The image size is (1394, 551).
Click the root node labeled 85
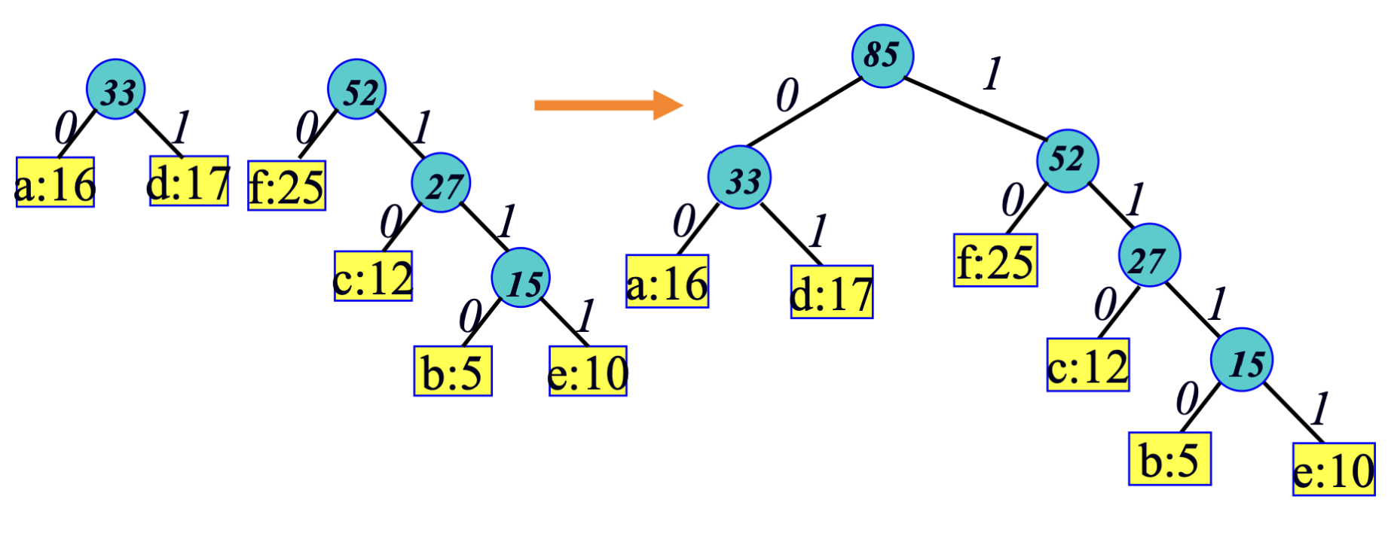point(882,56)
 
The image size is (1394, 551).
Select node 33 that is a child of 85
point(739,178)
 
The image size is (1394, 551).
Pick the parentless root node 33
point(115,90)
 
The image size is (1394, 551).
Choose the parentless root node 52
point(357,90)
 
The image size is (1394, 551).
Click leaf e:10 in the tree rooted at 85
point(1334,470)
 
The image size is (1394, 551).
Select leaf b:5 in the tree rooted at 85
point(1169,459)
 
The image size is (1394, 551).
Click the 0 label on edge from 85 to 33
point(787,96)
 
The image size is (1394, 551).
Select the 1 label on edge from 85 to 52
point(993,74)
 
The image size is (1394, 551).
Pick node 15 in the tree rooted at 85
point(1242,360)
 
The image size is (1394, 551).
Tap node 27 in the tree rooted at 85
point(1149,256)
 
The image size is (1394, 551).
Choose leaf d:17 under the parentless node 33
point(188,181)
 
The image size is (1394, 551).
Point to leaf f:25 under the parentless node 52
point(286,186)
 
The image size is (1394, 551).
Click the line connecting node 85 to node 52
point(972,107)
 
